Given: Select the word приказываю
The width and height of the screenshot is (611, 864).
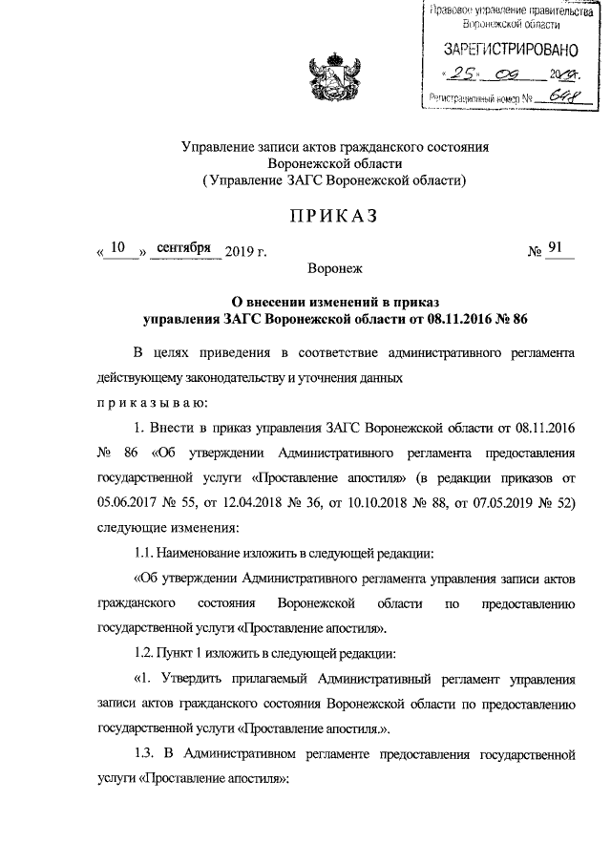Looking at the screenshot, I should pyautogui.click(x=153, y=402).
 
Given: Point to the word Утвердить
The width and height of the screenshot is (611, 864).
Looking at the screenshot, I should pyautogui.click(x=187, y=679).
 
